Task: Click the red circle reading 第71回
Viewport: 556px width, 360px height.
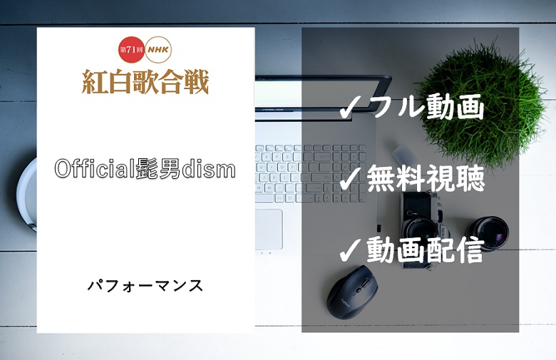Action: pyautogui.click(x=132, y=49)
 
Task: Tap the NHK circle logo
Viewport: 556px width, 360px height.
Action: pyautogui.click(x=158, y=49)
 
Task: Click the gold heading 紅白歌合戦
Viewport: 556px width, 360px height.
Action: pyautogui.click(x=145, y=81)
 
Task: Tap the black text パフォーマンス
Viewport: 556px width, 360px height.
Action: pyautogui.click(x=145, y=285)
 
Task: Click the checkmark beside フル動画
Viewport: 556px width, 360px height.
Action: pyautogui.click(x=350, y=108)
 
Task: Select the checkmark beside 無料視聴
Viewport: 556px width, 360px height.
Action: pyautogui.click(x=350, y=178)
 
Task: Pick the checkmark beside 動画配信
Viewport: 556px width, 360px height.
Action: pyautogui.click(x=350, y=250)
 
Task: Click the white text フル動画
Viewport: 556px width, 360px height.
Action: pyautogui.click(x=426, y=107)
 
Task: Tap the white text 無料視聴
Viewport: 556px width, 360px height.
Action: pyautogui.click(x=426, y=178)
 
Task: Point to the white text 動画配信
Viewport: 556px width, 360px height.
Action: pyautogui.click(x=426, y=250)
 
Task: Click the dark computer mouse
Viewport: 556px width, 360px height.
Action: pyautogui.click(x=352, y=292)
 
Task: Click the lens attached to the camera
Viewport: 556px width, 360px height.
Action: pyautogui.click(x=422, y=230)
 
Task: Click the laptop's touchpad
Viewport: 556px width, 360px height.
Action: pyautogui.click(x=269, y=229)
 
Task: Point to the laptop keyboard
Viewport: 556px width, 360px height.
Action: pyautogui.click(x=311, y=173)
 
